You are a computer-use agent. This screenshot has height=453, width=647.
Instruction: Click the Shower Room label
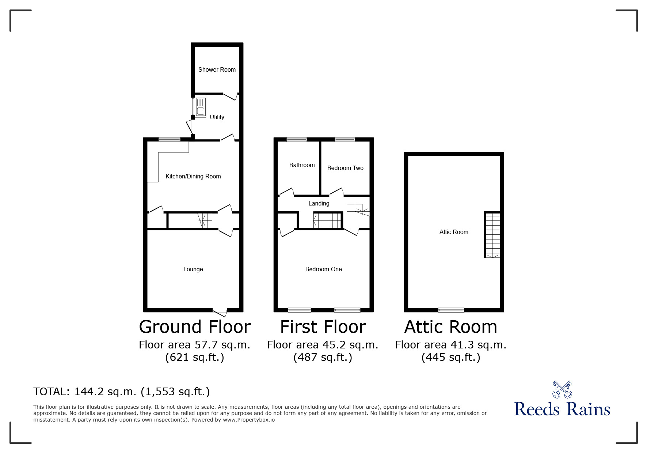(x=217, y=69)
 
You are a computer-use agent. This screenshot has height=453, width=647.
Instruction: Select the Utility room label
(x=217, y=117)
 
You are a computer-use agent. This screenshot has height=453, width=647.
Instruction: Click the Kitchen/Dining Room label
(x=193, y=176)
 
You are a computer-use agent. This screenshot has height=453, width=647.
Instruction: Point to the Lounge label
(x=193, y=269)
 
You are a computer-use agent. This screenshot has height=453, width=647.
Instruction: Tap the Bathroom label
(x=302, y=165)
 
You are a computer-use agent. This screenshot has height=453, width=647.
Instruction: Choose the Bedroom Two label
(x=345, y=168)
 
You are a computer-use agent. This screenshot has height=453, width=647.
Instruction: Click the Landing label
(x=319, y=203)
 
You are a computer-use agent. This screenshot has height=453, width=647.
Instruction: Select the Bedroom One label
(x=323, y=269)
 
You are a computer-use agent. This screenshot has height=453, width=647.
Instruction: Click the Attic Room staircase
(x=492, y=235)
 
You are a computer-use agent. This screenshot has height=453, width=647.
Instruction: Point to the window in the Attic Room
(x=451, y=310)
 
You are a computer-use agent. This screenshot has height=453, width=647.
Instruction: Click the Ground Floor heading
(x=195, y=327)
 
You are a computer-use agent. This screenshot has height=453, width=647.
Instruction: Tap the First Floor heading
(x=323, y=327)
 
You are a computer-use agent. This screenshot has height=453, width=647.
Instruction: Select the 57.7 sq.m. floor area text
(x=194, y=345)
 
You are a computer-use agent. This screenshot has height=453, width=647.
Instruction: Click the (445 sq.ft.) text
(x=451, y=357)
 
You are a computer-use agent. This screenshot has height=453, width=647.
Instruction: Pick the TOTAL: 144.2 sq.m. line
(x=122, y=392)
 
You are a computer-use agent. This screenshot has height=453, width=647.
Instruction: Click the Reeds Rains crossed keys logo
(x=562, y=390)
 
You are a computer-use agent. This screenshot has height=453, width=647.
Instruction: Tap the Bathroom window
(x=297, y=139)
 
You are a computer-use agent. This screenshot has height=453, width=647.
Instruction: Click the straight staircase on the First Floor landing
(x=327, y=220)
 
